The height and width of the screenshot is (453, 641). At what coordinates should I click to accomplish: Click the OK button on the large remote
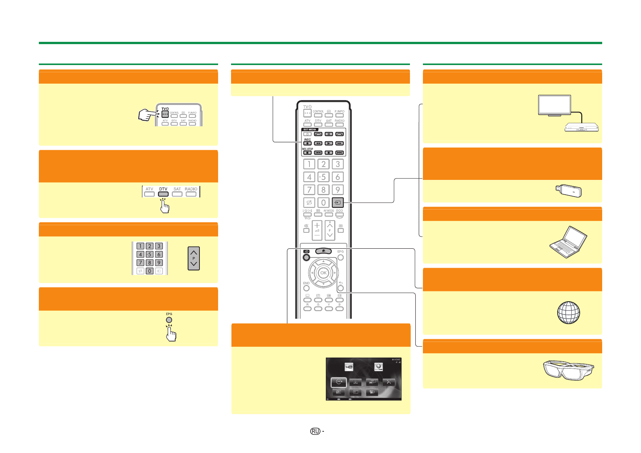[323, 273]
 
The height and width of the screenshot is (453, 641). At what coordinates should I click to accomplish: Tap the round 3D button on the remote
[306, 257]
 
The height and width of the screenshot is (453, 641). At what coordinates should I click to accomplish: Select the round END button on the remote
[306, 288]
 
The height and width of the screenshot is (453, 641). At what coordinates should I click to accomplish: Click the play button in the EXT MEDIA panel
[329, 143]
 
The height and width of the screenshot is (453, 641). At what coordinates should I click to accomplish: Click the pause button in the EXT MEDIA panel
[329, 134]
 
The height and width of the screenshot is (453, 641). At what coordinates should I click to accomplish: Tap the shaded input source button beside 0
[338, 202]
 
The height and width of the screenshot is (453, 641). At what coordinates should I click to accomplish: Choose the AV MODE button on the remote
[329, 215]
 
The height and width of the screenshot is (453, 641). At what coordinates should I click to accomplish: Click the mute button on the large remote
[306, 230]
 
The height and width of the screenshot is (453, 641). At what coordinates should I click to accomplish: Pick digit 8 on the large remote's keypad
[324, 189]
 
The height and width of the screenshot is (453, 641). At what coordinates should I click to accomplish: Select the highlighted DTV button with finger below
[163, 194]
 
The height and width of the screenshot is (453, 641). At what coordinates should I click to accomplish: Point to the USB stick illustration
[568, 190]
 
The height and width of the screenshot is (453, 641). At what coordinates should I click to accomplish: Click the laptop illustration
[568, 242]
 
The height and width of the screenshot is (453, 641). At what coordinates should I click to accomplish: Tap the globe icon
[568, 313]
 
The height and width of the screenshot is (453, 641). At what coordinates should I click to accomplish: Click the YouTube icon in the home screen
[349, 367]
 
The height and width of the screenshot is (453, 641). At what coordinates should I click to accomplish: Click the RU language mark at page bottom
[315, 431]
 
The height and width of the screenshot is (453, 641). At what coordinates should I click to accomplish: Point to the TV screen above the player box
[554, 105]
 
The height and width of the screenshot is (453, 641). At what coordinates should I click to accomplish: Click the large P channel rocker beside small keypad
[194, 258]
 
